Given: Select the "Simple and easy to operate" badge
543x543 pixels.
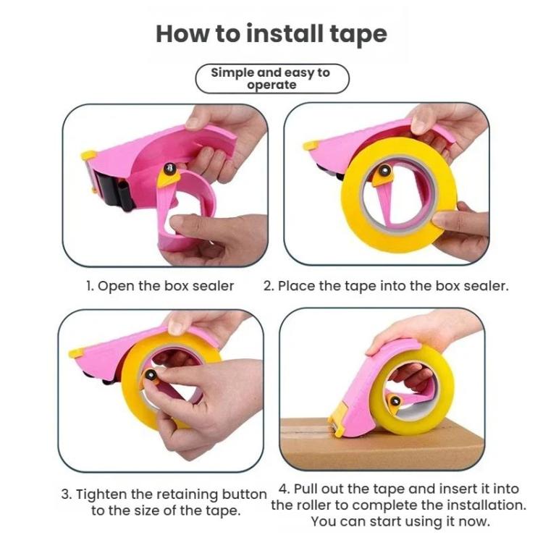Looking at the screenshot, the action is coord(272,79).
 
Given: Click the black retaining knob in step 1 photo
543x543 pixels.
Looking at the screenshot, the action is coord(169,169).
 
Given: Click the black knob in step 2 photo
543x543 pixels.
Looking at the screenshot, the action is coord(384,170).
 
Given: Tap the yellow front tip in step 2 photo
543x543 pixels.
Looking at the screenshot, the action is coord(311,146).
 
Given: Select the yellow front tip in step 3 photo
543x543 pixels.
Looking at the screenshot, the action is coord(76,353).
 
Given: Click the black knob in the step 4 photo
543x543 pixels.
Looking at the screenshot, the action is coord(395,401).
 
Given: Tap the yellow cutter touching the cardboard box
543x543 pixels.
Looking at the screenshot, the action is coord(338,421).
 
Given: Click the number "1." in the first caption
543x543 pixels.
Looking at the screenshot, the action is coord(90,287).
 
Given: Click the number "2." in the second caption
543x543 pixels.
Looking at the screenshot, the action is coord(269,287).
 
